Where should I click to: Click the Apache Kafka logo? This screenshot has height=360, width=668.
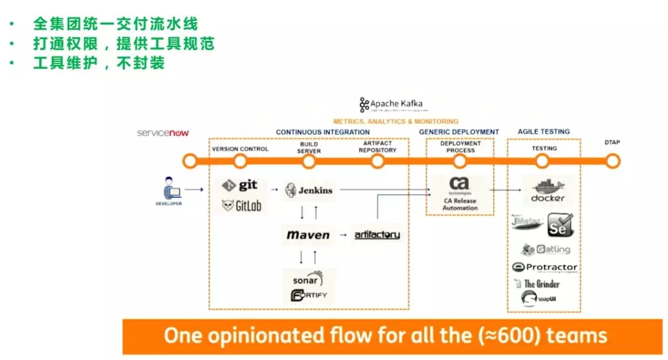point(392,105)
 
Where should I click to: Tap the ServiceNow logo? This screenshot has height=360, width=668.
point(163,133)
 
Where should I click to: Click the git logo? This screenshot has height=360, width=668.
point(240,185)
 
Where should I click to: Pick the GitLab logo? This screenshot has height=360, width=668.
point(241,206)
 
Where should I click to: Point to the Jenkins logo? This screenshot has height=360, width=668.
point(309,191)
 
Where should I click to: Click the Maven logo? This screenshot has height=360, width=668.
point(308,235)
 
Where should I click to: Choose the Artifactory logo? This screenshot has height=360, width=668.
point(377,235)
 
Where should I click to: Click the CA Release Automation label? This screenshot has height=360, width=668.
point(460,204)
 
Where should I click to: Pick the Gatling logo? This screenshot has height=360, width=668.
point(546,249)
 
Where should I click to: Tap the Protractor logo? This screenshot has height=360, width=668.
point(544,267)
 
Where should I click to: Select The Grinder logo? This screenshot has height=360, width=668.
point(537,284)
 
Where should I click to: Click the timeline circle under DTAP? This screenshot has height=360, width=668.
point(612,161)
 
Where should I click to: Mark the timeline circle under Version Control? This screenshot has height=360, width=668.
point(241,161)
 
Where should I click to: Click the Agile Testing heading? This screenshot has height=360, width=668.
point(544,132)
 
